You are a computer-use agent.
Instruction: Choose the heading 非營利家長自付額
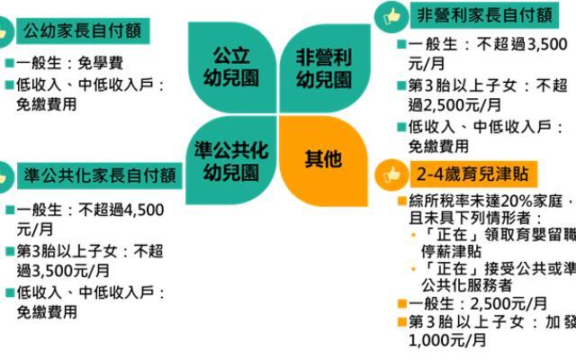pos(481,15)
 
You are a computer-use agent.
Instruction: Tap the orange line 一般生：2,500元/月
pos(478,303)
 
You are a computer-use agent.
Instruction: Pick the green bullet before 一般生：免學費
pos(9,64)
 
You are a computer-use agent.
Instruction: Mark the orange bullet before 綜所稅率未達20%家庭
pos(401,200)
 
